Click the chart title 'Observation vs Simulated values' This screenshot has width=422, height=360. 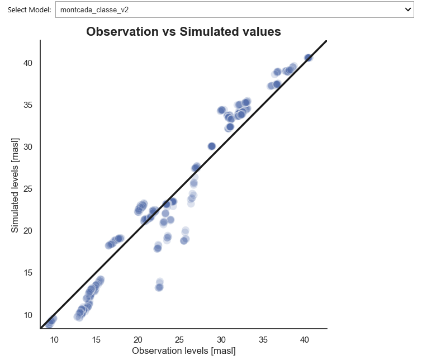183,32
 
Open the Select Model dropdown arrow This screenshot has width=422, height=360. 407,10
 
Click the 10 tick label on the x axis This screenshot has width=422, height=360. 54,339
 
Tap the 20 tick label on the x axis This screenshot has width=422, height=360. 138,339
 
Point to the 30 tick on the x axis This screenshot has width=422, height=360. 221,339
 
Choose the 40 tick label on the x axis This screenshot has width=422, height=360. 305,339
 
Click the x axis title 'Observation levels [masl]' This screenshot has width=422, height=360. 183,351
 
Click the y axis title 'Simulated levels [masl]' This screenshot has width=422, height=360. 15,184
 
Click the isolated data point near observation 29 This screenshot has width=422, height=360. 212,146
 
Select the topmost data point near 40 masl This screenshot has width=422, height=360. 308,58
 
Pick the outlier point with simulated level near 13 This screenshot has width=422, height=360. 159,287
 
